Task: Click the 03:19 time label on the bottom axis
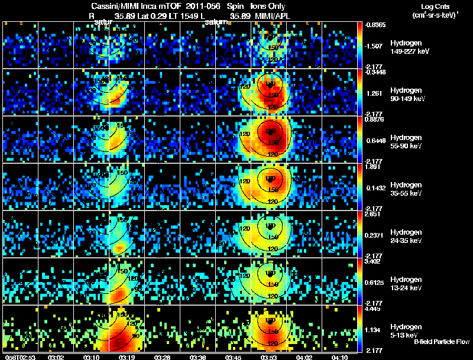(x=127, y=357)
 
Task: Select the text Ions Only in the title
(x=268, y=7)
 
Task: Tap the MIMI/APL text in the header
(x=270, y=16)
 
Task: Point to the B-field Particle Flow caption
(x=441, y=342)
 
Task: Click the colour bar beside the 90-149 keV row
(x=361, y=92)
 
